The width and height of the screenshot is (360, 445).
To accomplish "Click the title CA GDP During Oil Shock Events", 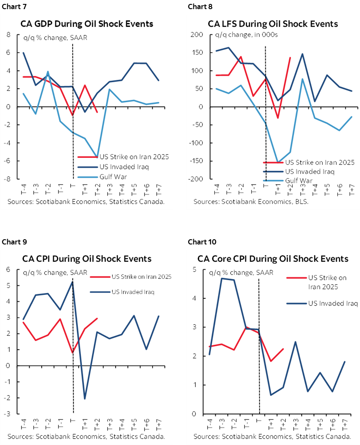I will [87, 23].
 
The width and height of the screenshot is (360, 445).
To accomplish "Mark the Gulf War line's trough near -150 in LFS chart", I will [277, 162].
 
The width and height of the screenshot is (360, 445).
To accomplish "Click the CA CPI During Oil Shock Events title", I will [87, 259].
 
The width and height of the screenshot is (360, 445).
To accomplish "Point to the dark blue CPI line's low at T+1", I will [85, 398].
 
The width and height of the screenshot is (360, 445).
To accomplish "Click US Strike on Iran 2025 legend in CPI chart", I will [141, 277].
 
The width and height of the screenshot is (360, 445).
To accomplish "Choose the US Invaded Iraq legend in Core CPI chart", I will [333, 303].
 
